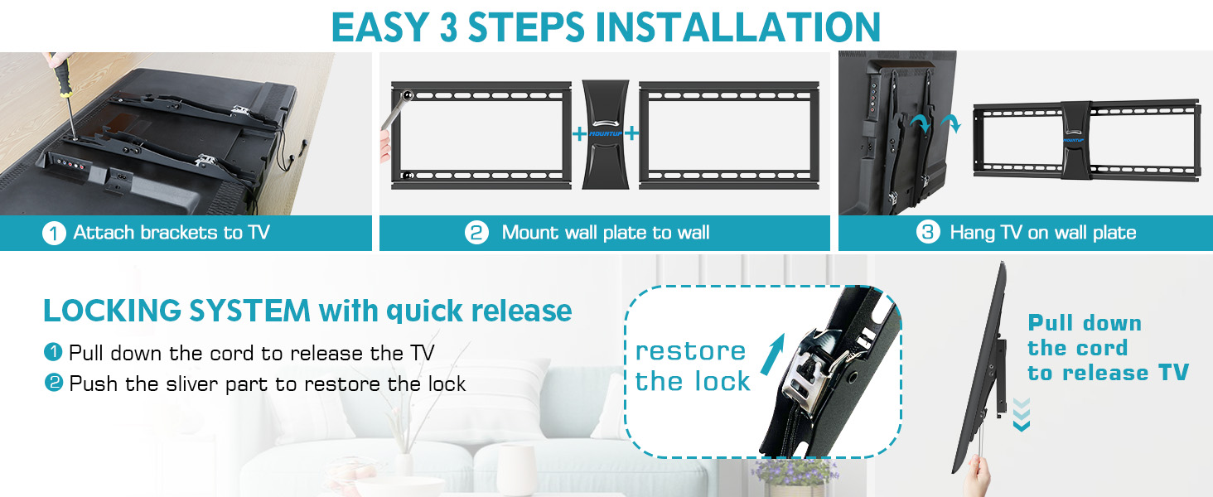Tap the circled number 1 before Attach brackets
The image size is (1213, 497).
tap(54, 234)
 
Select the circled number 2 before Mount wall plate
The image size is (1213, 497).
tap(476, 234)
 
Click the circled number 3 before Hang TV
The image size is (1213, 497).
tap(928, 234)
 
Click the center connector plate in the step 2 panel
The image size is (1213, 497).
tap(606, 134)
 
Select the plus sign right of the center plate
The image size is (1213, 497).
tap(632, 133)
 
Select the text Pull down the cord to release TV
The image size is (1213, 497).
tap(1107, 348)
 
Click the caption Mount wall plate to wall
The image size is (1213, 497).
tap(605, 234)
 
